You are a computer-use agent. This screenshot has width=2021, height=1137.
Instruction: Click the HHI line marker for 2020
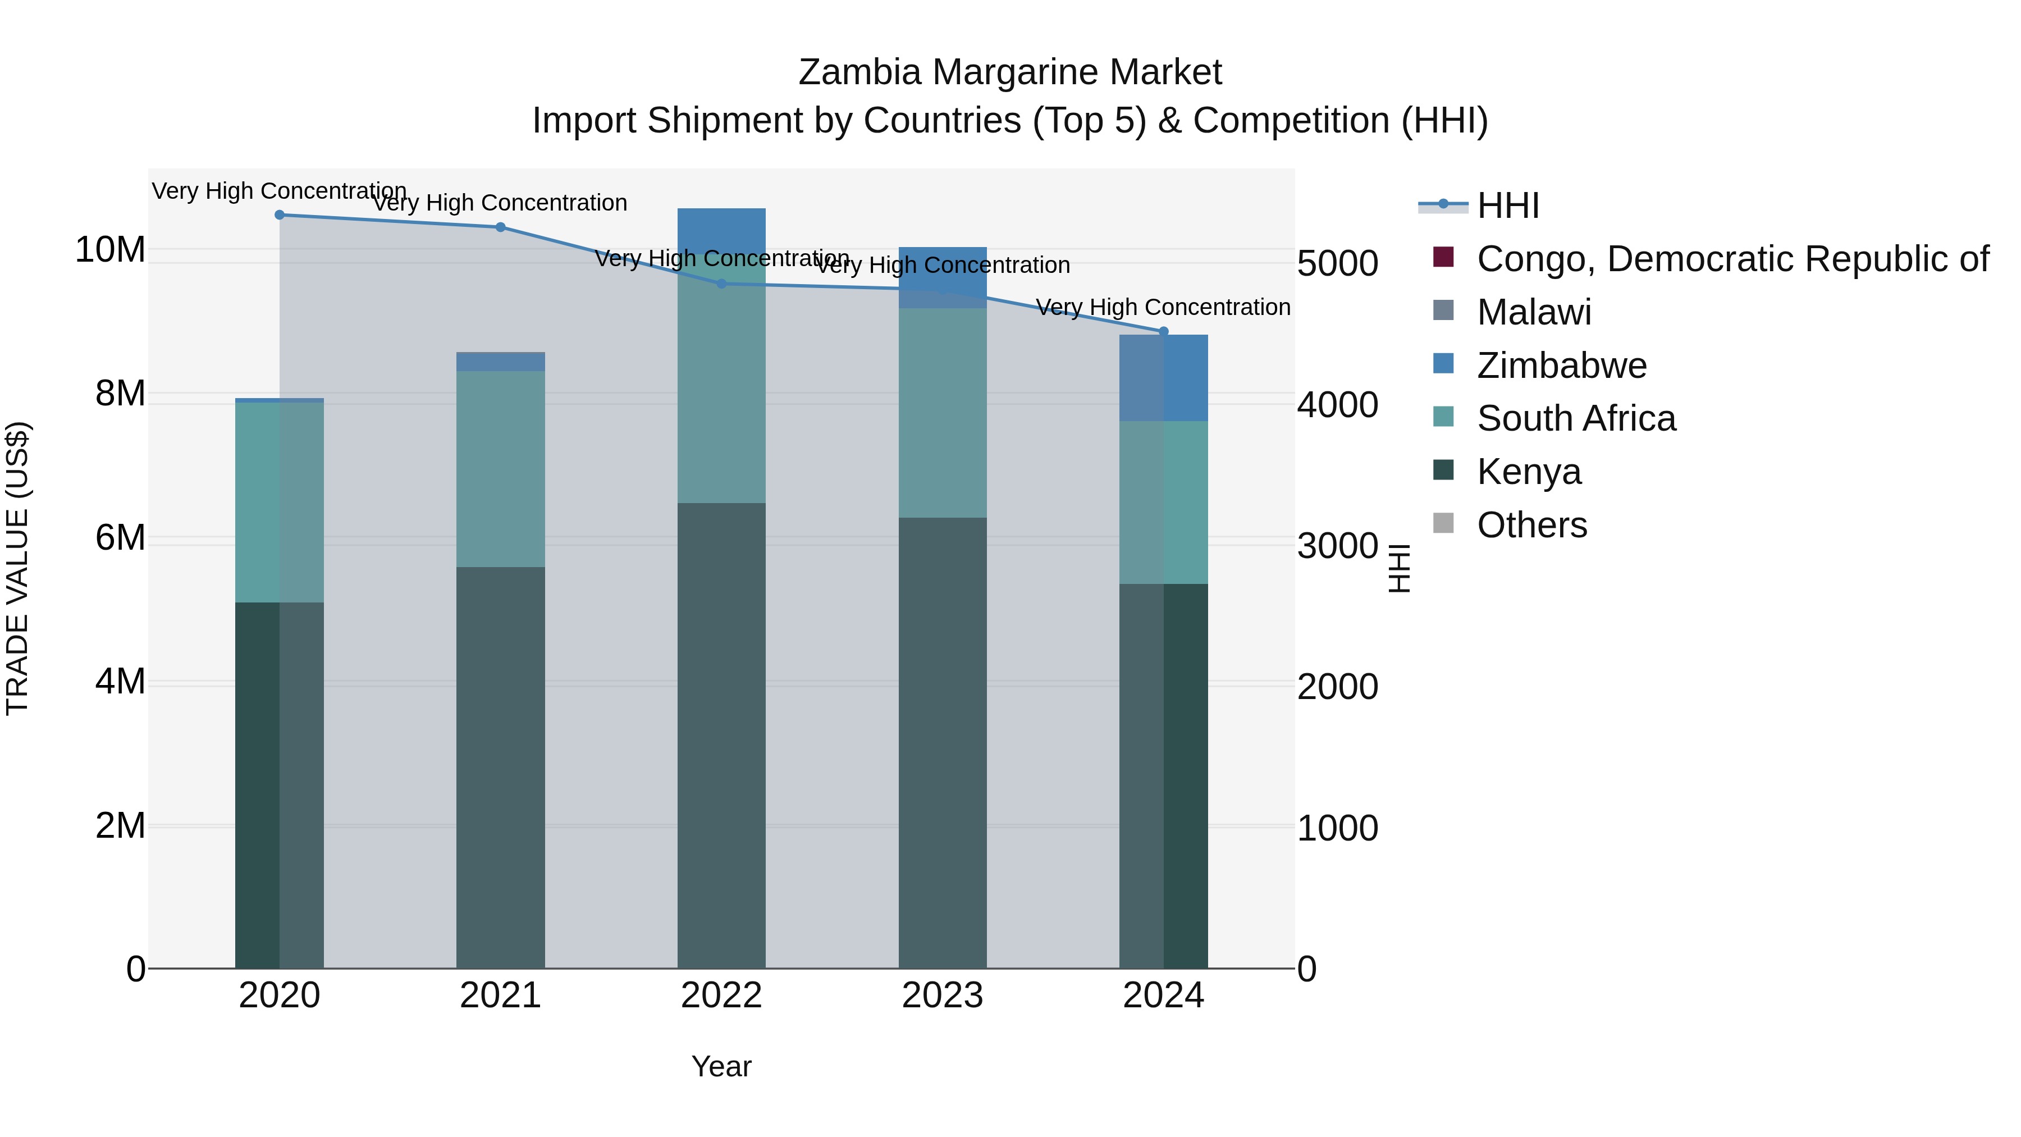(280, 214)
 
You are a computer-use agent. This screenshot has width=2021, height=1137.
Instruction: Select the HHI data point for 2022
(722, 284)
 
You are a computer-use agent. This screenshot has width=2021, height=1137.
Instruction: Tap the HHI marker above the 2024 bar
(1164, 331)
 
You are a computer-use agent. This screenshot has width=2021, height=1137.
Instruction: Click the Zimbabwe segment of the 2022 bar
(722, 231)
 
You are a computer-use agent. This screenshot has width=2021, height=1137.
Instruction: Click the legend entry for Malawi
(1534, 312)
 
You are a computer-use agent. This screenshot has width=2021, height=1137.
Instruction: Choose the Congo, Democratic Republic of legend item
(1732, 258)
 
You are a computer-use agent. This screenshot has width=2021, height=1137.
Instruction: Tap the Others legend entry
(1531, 525)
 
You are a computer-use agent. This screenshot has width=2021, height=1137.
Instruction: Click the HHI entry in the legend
(1507, 206)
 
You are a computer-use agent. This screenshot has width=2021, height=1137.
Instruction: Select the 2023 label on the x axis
(942, 995)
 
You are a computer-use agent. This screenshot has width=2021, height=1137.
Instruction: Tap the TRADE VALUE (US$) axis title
(17, 568)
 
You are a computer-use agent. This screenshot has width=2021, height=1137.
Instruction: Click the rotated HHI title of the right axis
(1399, 568)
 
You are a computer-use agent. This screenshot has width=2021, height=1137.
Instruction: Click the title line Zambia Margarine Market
(1010, 72)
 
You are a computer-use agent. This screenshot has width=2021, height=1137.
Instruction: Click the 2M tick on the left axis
(120, 825)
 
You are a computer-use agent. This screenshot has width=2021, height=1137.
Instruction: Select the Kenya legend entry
(1528, 472)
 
